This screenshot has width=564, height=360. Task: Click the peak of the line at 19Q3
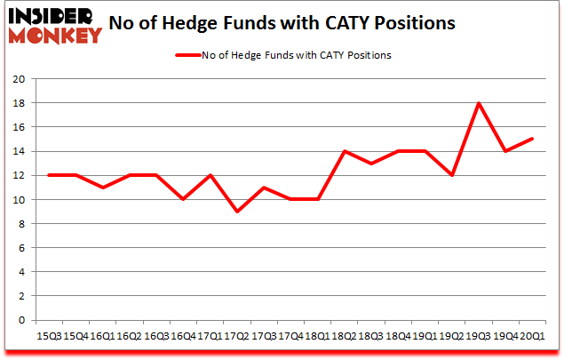[x=479, y=103]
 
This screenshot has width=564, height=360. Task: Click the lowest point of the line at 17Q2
[x=237, y=212]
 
